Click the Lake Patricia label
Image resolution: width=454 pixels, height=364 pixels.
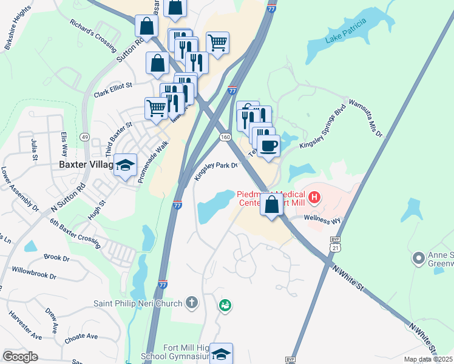[346, 31]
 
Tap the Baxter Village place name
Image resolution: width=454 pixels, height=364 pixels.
[86, 164]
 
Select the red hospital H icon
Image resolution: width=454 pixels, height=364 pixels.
[314, 197]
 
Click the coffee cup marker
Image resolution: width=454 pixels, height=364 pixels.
[268, 146]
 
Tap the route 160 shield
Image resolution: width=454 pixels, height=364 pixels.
[225, 138]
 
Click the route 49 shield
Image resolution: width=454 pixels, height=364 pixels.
[84, 137]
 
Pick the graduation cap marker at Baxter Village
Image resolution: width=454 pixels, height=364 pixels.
[125, 165]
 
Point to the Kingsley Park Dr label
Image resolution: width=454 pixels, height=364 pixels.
[215, 169]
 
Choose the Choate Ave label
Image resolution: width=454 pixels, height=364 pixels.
[80, 337]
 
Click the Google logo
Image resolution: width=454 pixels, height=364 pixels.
[21, 357]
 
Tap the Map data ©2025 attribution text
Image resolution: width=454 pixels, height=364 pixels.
[428, 360]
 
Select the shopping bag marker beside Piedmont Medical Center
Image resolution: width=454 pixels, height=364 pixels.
[271, 205]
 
